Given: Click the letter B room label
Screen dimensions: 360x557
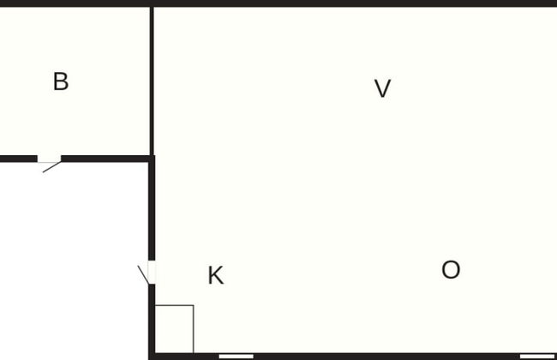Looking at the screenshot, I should pyautogui.click(x=60, y=82).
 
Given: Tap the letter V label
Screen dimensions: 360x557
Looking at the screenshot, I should pyautogui.click(x=383, y=88).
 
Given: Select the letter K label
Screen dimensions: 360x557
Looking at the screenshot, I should pyautogui.click(x=216, y=276).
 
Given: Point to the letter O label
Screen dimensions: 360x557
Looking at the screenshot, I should pyautogui.click(x=451, y=271).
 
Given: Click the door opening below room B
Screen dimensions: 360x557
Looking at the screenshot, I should pyautogui.click(x=49, y=159).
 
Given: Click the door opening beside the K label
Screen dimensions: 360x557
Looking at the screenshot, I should pyautogui.click(x=152, y=272).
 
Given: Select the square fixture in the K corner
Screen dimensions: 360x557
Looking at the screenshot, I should pyautogui.click(x=174, y=328).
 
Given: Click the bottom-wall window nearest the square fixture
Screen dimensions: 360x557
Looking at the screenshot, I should pyautogui.click(x=236, y=356).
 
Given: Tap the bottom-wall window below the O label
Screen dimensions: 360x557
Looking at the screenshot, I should pyautogui.click(x=537, y=356).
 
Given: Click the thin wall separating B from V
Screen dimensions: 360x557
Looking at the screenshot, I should pyautogui.click(x=152, y=81).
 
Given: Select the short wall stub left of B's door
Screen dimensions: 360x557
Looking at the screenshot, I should pyautogui.click(x=18, y=159).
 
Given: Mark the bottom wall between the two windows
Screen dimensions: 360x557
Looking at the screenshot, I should pyautogui.click(x=386, y=356).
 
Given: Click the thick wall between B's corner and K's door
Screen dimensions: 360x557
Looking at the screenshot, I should pyautogui.click(x=152, y=210).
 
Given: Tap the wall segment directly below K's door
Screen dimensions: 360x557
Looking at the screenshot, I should pyautogui.click(x=152, y=317).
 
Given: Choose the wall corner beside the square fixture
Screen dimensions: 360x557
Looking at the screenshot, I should pyautogui.click(x=153, y=355).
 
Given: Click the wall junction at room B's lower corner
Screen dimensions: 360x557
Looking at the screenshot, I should pyautogui.click(x=152, y=159).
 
